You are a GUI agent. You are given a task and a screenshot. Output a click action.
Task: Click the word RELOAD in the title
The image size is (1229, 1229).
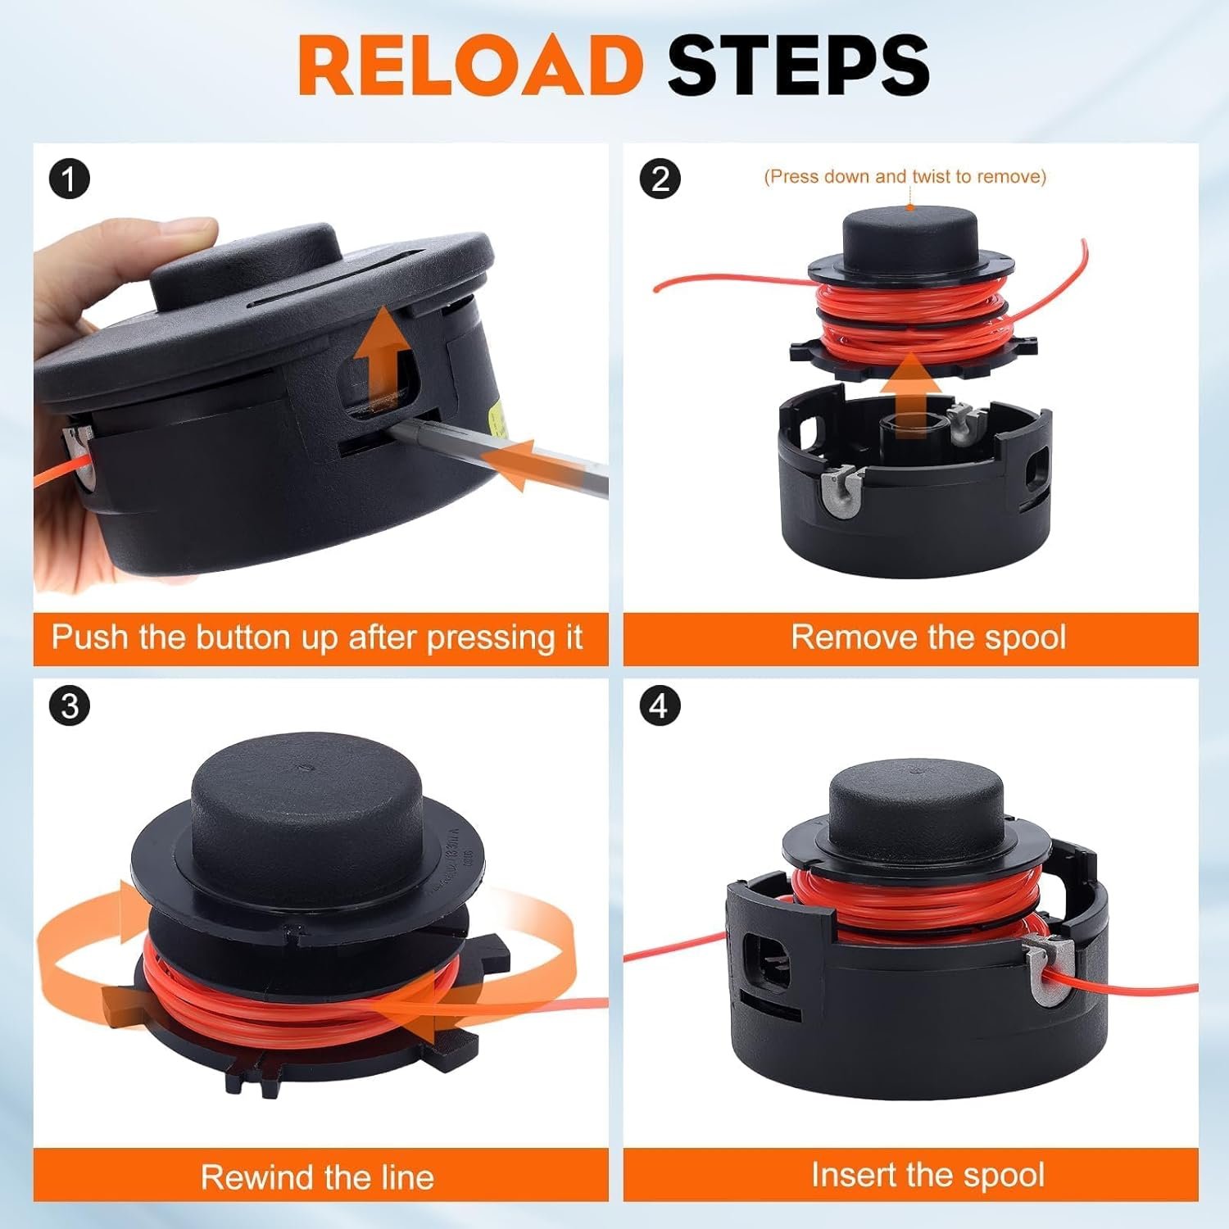pyautogui.click(x=469, y=66)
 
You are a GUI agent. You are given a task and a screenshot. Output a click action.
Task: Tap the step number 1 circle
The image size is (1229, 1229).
pyautogui.click(x=69, y=179)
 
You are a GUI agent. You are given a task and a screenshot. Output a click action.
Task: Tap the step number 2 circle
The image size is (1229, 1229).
pyautogui.click(x=660, y=178)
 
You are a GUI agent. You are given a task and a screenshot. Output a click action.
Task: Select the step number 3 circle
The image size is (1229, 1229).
pyautogui.click(x=69, y=705)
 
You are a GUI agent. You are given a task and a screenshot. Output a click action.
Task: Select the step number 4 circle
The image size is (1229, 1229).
pyautogui.click(x=660, y=705)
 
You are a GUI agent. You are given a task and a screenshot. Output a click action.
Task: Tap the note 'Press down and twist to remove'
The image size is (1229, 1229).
pyautogui.click(x=905, y=176)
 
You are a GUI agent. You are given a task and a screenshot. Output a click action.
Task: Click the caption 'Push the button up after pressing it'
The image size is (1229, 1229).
pyautogui.click(x=317, y=637)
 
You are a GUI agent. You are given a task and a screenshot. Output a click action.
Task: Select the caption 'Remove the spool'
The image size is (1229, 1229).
pyautogui.click(x=928, y=637)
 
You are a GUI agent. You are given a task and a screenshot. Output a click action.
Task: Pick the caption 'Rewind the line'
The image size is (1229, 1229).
pyautogui.click(x=317, y=1177)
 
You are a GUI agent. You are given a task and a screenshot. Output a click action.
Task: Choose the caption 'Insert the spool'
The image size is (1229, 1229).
pyautogui.click(x=928, y=1174)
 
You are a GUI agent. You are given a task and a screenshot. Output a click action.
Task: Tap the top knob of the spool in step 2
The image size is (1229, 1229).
pyautogui.click(x=909, y=233)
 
